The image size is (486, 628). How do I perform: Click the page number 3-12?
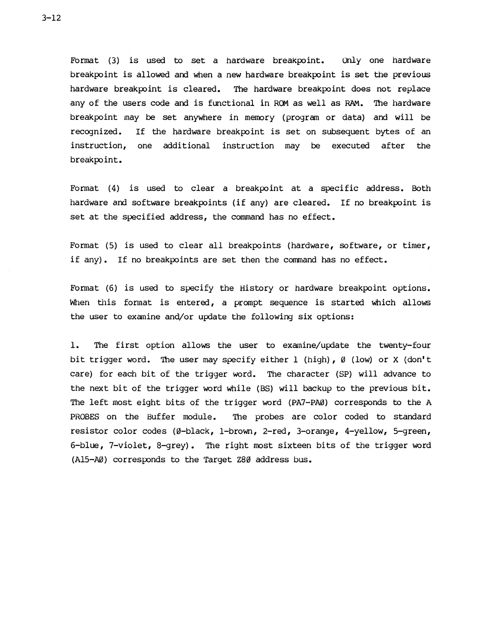pos(50,18)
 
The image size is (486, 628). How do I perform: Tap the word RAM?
pos(353,103)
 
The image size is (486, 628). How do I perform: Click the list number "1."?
pos(75,345)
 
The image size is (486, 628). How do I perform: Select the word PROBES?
pos(85,417)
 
